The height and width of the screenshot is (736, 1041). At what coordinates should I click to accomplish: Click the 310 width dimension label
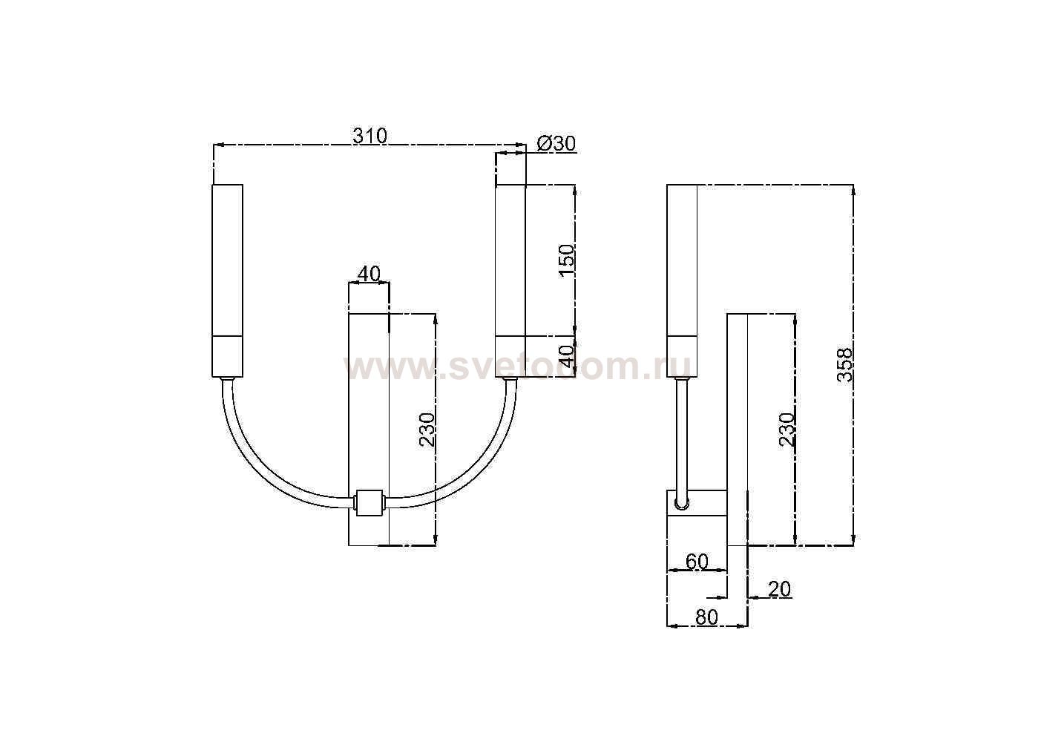click(x=370, y=136)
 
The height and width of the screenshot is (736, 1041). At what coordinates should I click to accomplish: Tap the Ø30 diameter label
click(x=556, y=144)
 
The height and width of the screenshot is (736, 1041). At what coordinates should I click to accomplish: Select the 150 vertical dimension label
click(x=567, y=260)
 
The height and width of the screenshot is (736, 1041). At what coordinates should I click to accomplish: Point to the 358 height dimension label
click(x=845, y=365)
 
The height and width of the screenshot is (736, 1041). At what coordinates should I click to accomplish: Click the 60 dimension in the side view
click(x=697, y=562)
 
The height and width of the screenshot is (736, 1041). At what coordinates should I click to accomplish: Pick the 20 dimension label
click(x=779, y=589)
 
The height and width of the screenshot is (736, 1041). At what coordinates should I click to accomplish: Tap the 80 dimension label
click(x=707, y=617)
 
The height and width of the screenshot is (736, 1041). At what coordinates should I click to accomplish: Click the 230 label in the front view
click(x=427, y=430)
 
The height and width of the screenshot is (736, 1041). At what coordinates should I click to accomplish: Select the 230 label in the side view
click(x=787, y=430)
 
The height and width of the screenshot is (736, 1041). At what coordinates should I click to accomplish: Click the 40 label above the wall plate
click(x=369, y=274)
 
